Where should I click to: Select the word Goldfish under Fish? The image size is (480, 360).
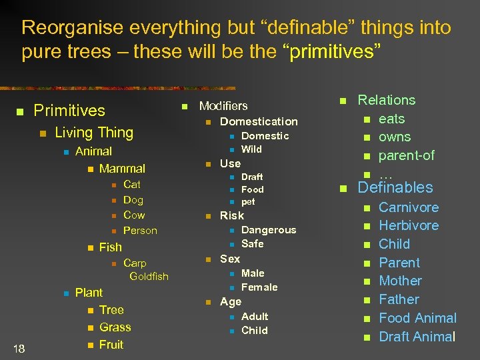(149, 276)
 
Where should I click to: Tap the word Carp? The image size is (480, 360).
(135, 263)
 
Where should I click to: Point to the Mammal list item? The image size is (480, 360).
(122, 169)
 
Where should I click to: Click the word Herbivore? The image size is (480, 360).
(409, 226)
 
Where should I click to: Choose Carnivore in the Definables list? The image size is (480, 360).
(409, 208)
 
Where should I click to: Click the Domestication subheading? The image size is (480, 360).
(259, 121)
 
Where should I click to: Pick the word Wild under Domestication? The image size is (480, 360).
(251, 149)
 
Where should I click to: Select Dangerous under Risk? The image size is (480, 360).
(268, 230)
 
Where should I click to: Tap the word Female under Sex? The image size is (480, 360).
(259, 287)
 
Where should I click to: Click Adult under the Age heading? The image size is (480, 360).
(255, 316)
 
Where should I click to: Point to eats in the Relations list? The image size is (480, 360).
(391, 119)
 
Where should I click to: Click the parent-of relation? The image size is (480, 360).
(406, 155)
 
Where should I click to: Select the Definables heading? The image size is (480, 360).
(395, 188)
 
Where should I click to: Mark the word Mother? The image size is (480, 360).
(400, 281)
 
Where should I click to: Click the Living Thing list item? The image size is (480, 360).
(94, 133)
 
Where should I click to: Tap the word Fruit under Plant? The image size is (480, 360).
(111, 345)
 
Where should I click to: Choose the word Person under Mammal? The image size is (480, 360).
(140, 231)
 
